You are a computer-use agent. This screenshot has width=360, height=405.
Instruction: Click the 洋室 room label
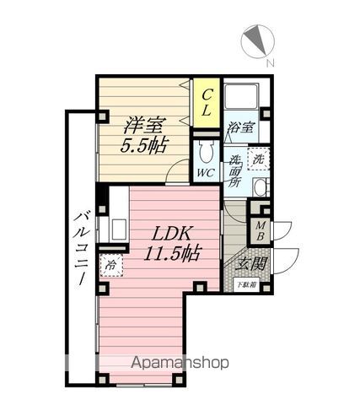tap(144, 126)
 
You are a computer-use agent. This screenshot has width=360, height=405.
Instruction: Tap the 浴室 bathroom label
tap(241, 127)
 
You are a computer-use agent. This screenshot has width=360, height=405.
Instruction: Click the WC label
tap(205, 173)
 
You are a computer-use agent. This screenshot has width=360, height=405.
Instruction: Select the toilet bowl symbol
tap(206, 152)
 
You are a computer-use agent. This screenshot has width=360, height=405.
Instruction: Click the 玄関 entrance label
tap(247, 263)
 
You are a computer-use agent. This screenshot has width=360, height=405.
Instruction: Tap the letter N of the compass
tap(268, 64)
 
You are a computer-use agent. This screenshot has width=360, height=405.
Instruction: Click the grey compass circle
tap(256, 40)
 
